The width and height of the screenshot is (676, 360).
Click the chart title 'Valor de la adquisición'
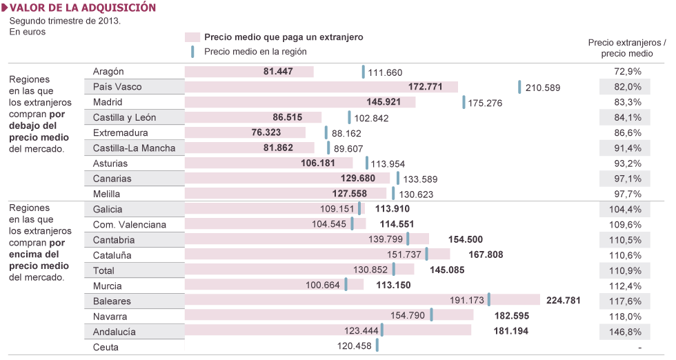pyautogui.click(x=83, y=8)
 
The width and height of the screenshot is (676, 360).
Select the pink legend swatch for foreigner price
pyautogui.click(x=192, y=37)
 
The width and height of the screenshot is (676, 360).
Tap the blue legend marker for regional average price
pyautogui.click(x=193, y=51)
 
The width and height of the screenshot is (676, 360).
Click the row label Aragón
pyautogui.click(x=108, y=71)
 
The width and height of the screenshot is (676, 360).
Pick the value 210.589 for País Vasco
pyautogui.click(x=543, y=88)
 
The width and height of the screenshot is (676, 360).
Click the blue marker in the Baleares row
pyautogui.click(x=489, y=300)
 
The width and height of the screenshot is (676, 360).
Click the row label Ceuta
pyautogui.click(x=106, y=348)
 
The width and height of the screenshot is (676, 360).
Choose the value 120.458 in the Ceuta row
pyautogui.click(x=354, y=347)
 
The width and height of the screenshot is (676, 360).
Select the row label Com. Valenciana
pyautogui.click(x=129, y=224)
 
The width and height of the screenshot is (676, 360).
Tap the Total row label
pyautogui.click(x=103, y=270)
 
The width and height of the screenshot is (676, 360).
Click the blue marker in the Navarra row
pyautogui.click(x=431, y=315)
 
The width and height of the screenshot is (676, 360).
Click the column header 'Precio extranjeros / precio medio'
pyautogui.click(x=627, y=48)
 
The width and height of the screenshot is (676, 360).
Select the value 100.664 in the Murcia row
pyautogui.click(x=323, y=286)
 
